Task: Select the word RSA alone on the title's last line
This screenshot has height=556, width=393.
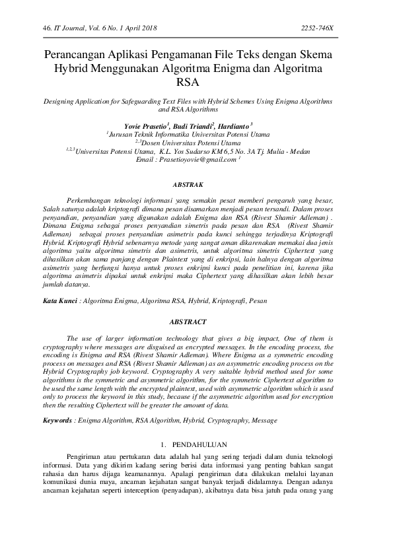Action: (x=196, y=83)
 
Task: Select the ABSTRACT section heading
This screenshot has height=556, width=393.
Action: (x=196, y=322)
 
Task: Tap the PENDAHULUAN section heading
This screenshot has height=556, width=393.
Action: (x=203, y=444)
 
